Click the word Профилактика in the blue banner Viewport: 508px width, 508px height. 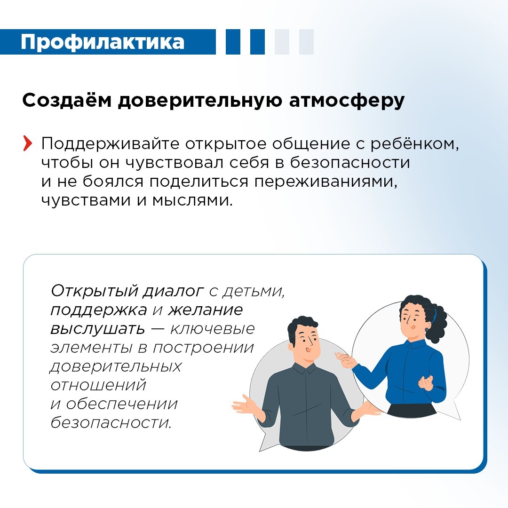(x=103, y=42)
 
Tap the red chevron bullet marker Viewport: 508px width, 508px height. (x=28, y=144)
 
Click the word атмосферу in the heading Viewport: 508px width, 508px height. (x=347, y=102)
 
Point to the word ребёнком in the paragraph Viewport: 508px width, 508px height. (x=414, y=144)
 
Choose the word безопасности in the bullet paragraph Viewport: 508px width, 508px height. (x=350, y=163)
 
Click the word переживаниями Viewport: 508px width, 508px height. (x=325, y=182)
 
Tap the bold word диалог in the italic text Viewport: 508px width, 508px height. (x=173, y=292)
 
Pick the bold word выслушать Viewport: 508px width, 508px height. (x=98, y=329)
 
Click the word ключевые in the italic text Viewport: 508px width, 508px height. (x=213, y=329)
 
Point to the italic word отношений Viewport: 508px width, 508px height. (x=98, y=385)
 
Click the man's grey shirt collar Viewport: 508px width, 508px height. (x=304, y=369)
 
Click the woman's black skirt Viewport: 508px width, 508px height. (x=412, y=410)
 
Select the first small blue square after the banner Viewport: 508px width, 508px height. (x=233, y=42)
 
